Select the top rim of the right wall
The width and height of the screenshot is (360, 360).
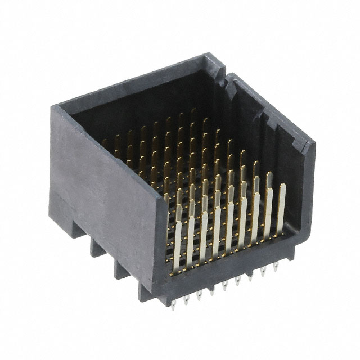[270, 107]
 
